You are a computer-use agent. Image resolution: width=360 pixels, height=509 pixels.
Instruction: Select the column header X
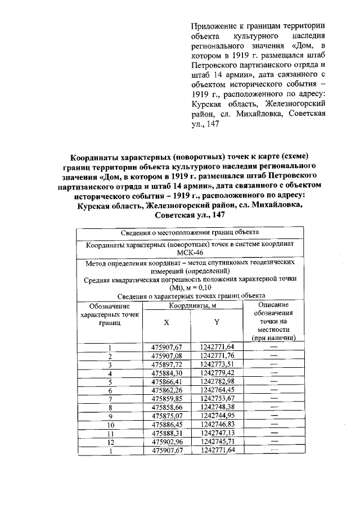[166, 323]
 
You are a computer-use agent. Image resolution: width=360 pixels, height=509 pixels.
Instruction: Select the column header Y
[217, 323]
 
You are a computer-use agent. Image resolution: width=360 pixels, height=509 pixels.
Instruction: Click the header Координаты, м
[192, 305]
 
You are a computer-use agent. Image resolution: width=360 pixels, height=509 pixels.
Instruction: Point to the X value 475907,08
[167, 355]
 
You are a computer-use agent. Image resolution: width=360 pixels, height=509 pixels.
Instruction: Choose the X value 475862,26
[167, 390]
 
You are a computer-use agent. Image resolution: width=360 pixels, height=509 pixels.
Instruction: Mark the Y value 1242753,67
[217, 398]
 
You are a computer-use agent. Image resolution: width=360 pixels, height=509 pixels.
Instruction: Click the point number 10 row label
[110, 425]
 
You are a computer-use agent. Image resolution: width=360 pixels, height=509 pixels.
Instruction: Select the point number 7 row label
[110, 399]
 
